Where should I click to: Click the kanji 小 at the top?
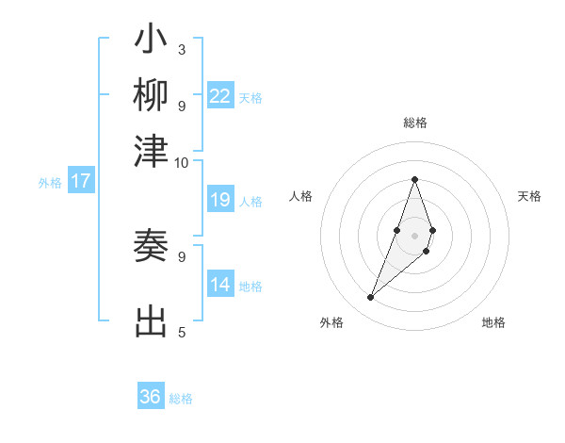tap(151, 41)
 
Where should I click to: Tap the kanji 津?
tap(151, 151)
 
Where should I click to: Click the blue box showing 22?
tap(220, 96)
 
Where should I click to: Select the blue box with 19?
tap(220, 200)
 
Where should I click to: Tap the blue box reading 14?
tap(220, 285)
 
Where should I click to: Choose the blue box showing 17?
tap(80, 181)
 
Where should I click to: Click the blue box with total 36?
tap(151, 397)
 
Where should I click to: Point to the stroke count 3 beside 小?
tap(181, 49)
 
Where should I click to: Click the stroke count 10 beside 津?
tap(181, 162)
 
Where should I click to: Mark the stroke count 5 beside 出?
tap(181, 332)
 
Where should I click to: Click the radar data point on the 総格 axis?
tap(414, 179)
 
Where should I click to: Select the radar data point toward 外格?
tap(371, 298)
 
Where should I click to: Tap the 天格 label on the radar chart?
tap(529, 196)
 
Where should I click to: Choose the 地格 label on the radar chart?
tap(493, 323)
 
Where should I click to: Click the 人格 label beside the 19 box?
tap(250, 201)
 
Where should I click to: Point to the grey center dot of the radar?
tap(414, 235)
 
